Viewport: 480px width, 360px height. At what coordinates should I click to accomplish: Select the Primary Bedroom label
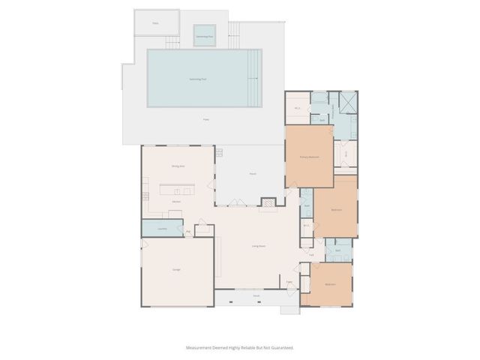(x=309, y=157)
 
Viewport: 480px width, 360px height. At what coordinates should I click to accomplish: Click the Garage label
(x=176, y=269)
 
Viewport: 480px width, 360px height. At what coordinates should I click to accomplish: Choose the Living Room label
(x=259, y=245)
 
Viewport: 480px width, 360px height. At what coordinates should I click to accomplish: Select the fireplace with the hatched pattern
(x=268, y=202)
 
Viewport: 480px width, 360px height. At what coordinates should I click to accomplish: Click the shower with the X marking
(x=348, y=103)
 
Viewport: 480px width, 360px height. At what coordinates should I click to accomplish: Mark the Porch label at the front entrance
(x=256, y=297)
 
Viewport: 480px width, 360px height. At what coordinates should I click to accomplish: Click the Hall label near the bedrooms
(x=311, y=255)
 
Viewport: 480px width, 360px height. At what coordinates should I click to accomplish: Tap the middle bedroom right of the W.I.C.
(x=336, y=210)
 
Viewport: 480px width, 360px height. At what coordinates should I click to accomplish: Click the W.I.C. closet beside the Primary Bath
(x=297, y=109)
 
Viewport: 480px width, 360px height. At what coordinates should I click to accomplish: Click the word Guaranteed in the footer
(x=280, y=348)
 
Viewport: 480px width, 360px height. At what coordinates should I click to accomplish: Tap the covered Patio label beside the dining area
(x=253, y=174)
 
